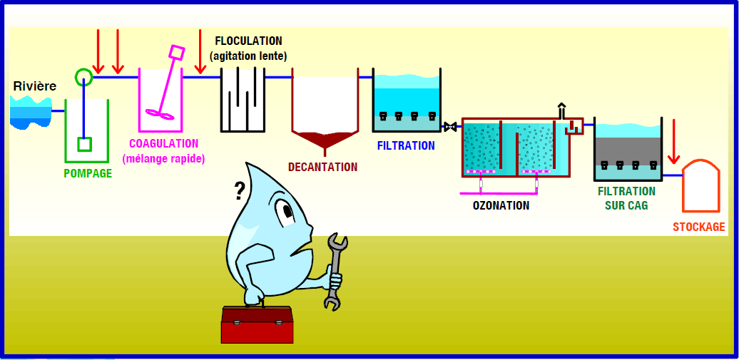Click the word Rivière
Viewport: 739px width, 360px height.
pos(34,86)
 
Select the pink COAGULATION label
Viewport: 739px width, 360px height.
pos(163,144)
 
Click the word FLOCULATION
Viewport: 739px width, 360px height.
pos(248,41)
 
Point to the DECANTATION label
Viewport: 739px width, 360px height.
pos(322,168)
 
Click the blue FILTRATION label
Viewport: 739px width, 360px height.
pos(405,146)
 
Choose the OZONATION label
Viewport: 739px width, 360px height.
pos(501,206)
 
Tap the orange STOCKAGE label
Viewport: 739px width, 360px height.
pos(698,227)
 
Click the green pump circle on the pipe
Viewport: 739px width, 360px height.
pos(83,76)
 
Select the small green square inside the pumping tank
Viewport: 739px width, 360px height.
pos(84,144)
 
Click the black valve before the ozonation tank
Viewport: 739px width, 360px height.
pos(450,127)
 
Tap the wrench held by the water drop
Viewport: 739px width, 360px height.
pos(335,271)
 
